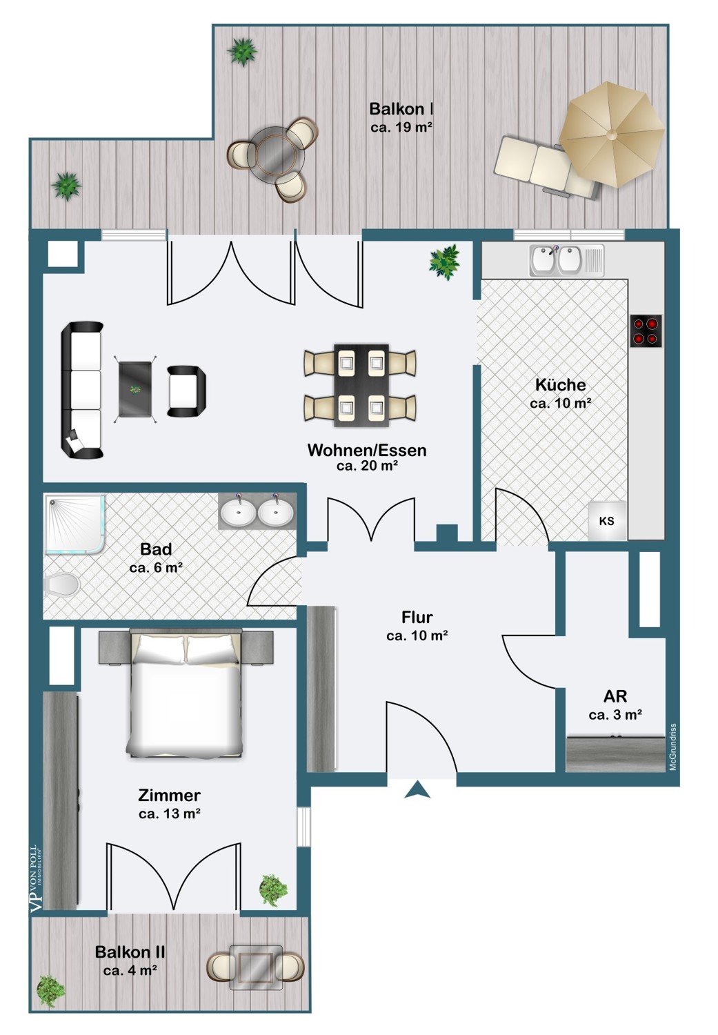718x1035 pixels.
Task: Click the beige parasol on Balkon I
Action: click(x=612, y=135)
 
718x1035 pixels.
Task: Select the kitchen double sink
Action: click(x=566, y=260)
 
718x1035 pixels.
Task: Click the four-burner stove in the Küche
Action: click(x=646, y=331)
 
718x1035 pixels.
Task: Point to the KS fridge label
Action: click(x=607, y=521)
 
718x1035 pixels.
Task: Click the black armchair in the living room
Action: click(x=186, y=391)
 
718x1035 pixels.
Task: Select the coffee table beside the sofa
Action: click(x=135, y=390)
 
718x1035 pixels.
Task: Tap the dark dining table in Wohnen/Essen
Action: click(x=361, y=385)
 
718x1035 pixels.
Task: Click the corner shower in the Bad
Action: click(x=74, y=524)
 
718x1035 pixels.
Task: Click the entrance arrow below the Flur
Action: click(x=417, y=789)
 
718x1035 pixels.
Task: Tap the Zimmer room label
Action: click(x=170, y=795)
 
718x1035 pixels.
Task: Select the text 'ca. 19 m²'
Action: click(x=401, y=127)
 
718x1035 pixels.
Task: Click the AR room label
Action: click(x=615, y=696)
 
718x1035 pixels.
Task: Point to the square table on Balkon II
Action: click(x=257, y=967)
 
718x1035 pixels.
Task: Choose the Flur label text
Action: click(x=417, y=618)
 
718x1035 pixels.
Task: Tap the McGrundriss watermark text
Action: click(x=672, y=747)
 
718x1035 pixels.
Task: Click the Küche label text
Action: click(x=561, y=384)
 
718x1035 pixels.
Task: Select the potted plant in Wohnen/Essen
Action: click(x=445, y=262)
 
